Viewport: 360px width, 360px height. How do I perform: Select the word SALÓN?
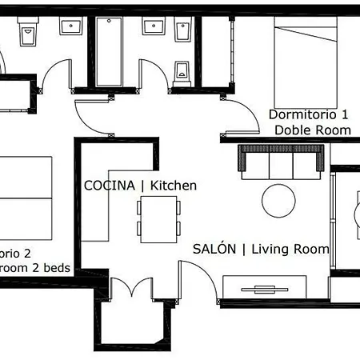point(214,249)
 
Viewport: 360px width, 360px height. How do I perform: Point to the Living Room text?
point(290,249)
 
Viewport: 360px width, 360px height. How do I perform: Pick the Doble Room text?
point(312,130)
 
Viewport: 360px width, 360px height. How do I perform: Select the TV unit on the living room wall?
point(265,288)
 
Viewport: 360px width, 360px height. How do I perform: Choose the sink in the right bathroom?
point(152,26)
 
